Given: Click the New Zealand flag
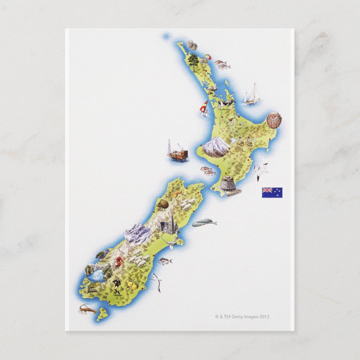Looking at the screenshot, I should (x=272, y=192).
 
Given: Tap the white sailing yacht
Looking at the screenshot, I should (x=252, y=95).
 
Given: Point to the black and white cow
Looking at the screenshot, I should (x=226, y=104).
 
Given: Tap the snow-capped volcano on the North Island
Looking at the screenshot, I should (x=216, y=147).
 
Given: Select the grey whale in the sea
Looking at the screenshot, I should (x=204, y=223).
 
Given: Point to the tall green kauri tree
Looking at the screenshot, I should (x=193, y=62).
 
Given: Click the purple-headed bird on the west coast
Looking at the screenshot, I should (x=102, y=254).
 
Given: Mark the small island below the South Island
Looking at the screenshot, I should (x=102, y=314).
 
